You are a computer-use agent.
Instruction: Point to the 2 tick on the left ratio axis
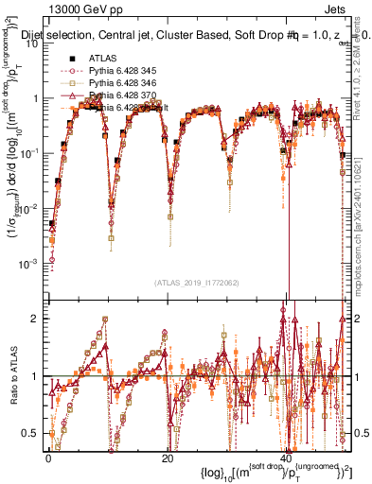coord(37,319)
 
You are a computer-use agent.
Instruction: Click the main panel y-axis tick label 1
coord(37,98)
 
